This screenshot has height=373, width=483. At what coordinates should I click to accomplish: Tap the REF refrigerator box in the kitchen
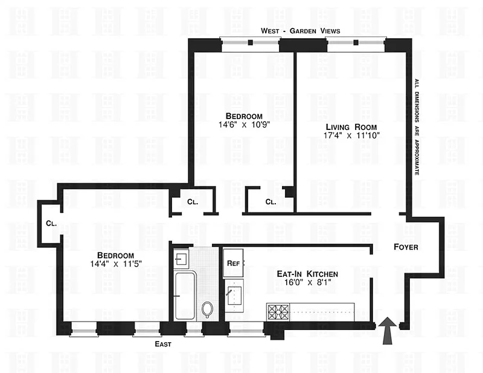tap(233, 264)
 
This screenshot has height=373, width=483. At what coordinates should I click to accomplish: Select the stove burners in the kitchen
tap(278, 311)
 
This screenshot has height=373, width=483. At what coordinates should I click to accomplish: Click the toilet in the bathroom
tap(208, 310)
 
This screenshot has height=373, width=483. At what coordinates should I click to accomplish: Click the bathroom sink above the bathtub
tap(181, 259)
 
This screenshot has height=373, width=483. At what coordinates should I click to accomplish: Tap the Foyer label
tap(406, 247)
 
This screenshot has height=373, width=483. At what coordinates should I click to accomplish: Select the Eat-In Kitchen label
tap(303, 274)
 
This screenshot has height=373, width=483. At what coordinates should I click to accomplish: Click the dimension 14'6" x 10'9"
tap(244, 126)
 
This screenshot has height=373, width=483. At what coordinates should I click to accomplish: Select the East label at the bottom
tap(162, 344)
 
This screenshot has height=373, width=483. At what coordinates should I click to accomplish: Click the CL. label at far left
tap(51, 223)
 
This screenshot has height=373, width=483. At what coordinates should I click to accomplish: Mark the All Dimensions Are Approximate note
tap(416, 127)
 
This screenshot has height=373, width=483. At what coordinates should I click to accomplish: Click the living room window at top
tap(356, 42)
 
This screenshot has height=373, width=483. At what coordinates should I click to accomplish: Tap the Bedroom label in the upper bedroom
tap(244, 116)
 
